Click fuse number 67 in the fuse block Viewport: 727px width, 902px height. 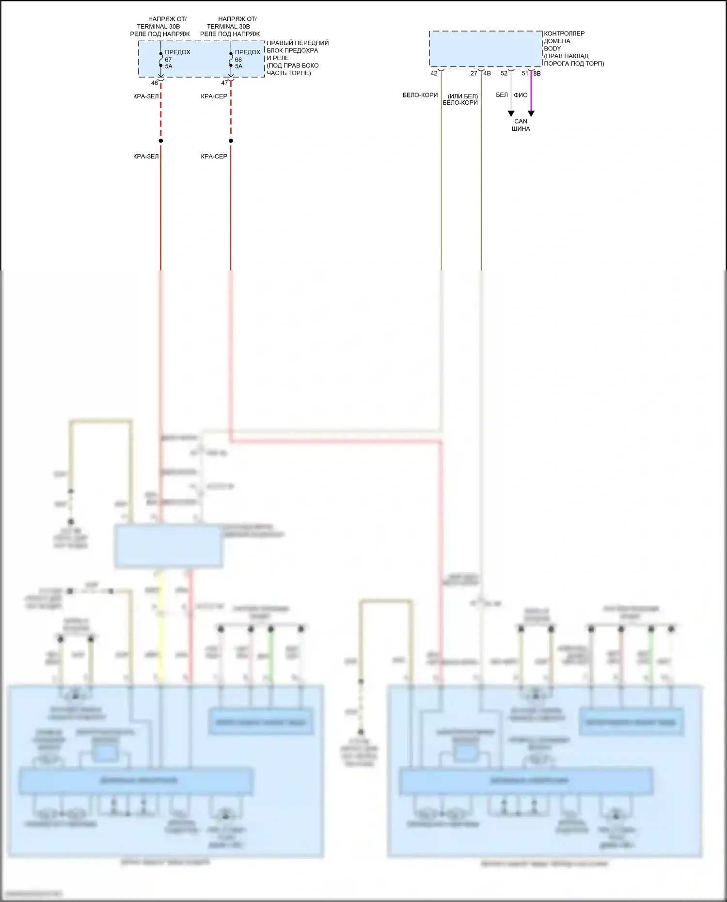pos(168,60)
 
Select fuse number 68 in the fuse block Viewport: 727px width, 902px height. pos(238,60)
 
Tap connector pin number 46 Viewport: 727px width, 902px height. pos(154,83)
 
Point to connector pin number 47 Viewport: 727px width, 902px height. pos(224,83)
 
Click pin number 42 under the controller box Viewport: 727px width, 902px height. pos(434,74)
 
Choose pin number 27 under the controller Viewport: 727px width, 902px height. pos(474,74)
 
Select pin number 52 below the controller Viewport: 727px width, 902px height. pos(504,74)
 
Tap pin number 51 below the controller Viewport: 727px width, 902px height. pos(525,74)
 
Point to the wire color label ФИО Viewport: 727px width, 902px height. pos(521,95)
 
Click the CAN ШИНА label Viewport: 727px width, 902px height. pos(521,125)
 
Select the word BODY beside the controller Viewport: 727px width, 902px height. pos(553,48)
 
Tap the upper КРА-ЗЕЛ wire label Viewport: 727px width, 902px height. pos(146,96)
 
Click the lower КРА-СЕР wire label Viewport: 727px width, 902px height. pos(214,157)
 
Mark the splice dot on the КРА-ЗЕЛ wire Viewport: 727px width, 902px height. pos(161,141)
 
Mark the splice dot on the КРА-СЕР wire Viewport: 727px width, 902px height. pos(231,141)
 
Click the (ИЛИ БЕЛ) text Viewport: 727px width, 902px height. pos(462,96)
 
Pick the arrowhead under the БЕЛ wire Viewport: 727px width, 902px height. pos(511,114)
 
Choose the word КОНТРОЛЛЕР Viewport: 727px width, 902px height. pos(564,33)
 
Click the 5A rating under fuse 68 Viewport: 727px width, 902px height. pos(238,66)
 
